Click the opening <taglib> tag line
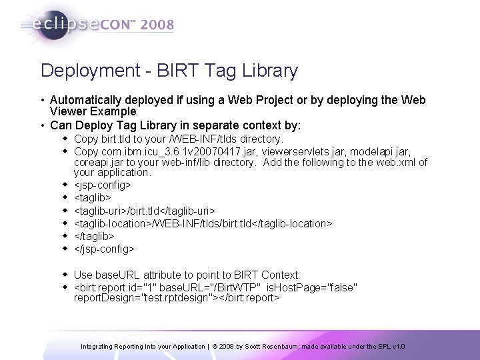[93, 198]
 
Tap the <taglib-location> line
[203, 223]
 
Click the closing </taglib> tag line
[94, 236]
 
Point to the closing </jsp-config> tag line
[104, 249]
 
